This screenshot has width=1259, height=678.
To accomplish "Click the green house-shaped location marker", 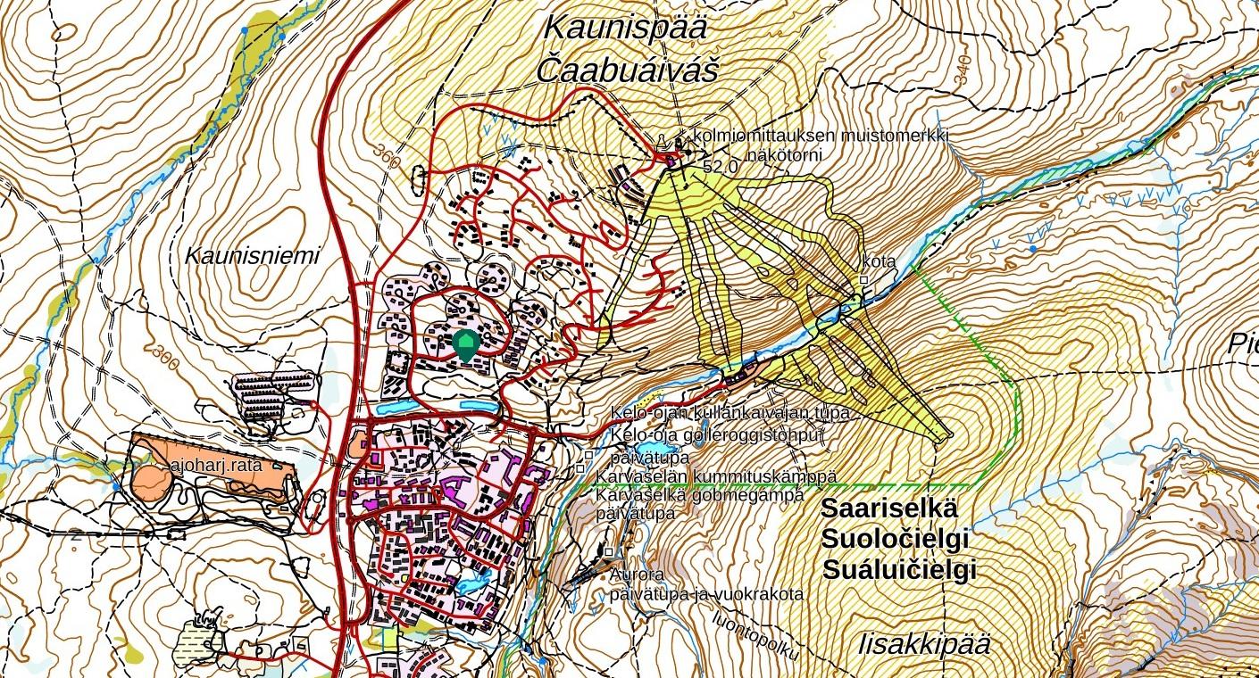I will click(465, 344).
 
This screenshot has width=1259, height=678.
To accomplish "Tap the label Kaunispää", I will click(625, 28).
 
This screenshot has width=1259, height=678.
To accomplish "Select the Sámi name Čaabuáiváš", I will click(628, 70).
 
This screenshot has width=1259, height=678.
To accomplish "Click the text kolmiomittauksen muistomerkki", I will click(821, 136).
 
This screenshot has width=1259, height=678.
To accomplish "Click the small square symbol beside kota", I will click(863, 280).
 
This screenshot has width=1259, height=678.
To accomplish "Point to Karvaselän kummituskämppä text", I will click(716, 477).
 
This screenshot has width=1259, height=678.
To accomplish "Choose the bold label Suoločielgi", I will click(895, 540).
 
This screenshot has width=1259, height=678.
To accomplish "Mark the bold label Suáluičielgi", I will click(898, 570).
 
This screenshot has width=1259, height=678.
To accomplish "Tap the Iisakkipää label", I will click(924, 644).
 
